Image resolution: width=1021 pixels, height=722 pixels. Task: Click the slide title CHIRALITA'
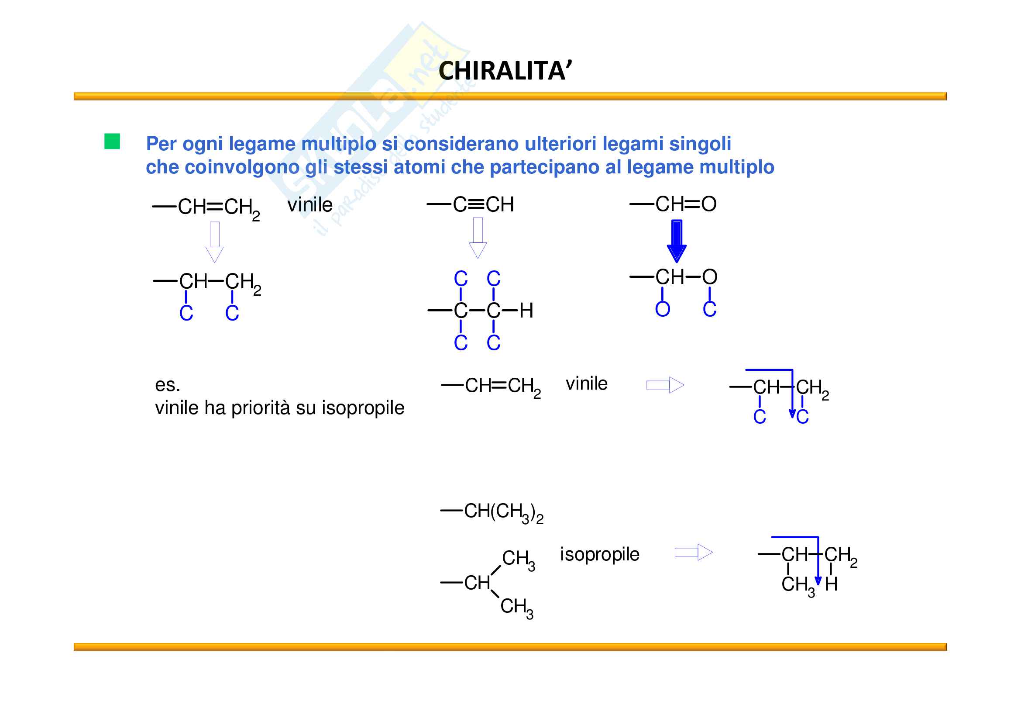click(505, 71)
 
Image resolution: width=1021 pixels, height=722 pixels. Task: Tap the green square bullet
click(112, 142)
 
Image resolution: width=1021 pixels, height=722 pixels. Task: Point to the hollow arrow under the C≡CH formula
click(478, 238)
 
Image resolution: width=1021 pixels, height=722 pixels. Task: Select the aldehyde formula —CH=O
click(674, 204)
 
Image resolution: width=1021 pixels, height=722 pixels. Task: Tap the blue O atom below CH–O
click(662, 309)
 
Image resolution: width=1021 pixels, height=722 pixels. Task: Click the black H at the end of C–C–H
click(526, 311)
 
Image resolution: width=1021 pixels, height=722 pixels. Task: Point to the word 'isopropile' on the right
click(599, 555)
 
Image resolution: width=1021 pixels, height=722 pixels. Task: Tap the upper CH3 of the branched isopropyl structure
click(518, 559)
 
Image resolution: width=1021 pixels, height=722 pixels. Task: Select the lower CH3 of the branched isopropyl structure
click(516, 607)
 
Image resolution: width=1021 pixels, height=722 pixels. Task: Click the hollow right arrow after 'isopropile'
click(693, 553)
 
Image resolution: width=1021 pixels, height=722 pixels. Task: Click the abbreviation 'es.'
click(167, 385)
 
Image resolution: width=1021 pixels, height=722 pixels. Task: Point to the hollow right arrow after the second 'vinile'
click(665, 385)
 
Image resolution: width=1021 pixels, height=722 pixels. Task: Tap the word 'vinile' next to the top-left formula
click(310, 205)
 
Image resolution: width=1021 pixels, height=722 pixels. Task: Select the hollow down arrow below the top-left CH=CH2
click(214, 242)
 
